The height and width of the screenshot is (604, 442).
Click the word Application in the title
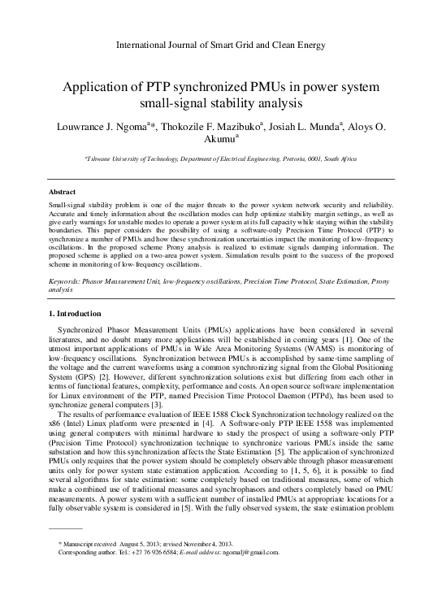coord(106,86)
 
